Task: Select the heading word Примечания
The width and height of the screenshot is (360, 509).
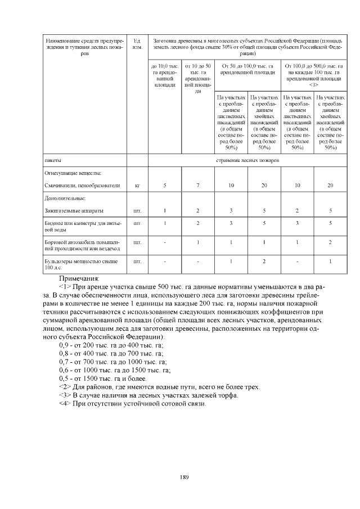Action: coord(79,278)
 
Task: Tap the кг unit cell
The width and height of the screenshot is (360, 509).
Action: coord(137,185)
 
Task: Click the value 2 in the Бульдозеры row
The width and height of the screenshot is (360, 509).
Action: coord(264,262)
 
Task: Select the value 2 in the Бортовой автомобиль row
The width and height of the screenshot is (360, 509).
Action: coord(330,242)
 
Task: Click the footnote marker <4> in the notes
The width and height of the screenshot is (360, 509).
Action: coord(65,404)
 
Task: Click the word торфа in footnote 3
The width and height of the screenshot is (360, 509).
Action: coord(227,395)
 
